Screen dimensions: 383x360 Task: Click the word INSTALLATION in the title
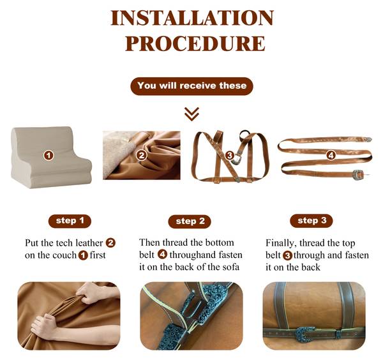[x=192, y=18]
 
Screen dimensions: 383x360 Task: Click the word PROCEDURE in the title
[x=195, y=43]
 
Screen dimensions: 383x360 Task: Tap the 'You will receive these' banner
[x=191, y=86]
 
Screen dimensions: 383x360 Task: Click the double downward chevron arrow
[x=191, y=114]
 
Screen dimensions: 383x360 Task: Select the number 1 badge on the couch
[x=49, y=155]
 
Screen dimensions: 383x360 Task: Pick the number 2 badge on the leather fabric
[x=142, y=155]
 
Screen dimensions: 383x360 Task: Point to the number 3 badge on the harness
[x=229, y=155]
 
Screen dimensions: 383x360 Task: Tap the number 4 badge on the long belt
[x=331, y=155]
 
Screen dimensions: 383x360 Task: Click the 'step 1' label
[x=70, y=221]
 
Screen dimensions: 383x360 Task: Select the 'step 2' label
[x=190, y=221]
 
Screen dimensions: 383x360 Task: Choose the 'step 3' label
[x=312, y=221]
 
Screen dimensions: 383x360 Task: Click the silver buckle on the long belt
[x=359, y=174]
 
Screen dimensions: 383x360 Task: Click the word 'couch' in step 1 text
[x=64, y=255]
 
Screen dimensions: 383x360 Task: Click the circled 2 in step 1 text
[x=110, y=243]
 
